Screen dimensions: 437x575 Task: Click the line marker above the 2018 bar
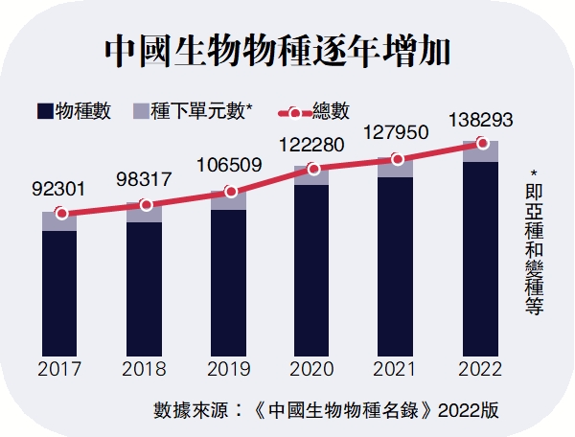tap(145, 205)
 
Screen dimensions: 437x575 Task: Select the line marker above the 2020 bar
tap(313, 169)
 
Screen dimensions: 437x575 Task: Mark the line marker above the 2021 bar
tap(397, 159)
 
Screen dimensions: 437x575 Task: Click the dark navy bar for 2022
tap(481, 259)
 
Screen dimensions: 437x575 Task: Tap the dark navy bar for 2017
tap(60, 292)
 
